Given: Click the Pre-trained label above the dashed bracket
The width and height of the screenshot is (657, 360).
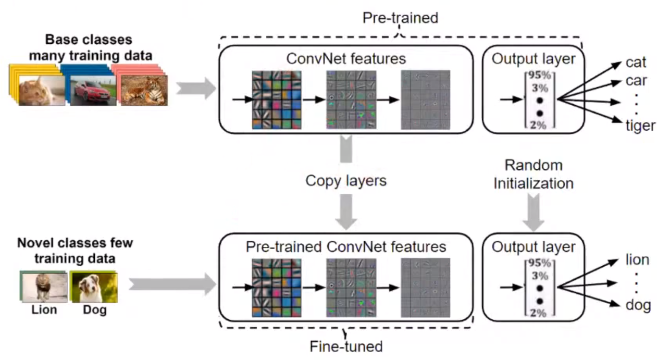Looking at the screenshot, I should (400, 18).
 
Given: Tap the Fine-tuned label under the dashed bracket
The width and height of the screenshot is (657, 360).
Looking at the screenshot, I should (346, 345).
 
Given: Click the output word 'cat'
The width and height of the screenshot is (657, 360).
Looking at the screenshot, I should (636, 63).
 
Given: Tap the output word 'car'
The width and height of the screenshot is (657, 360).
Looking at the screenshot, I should (636, 82).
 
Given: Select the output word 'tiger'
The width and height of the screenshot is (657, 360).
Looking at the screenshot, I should (640, 125).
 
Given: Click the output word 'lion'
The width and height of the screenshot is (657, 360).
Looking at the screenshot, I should (637, 260).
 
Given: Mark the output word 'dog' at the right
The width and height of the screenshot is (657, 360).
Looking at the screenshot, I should (638, 304).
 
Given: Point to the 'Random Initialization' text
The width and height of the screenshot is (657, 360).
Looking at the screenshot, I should (534, 175).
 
